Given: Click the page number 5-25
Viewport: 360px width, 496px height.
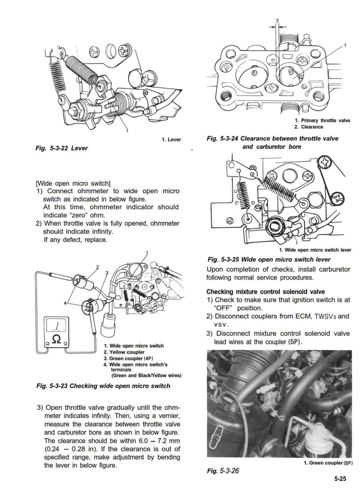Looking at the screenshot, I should pos(339,479).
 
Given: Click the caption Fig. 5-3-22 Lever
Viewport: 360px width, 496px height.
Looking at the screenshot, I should pos(61,148).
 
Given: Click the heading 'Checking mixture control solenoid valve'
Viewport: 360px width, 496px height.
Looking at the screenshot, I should pos(265,291).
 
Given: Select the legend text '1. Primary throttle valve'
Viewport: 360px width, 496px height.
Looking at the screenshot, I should pos(322,120).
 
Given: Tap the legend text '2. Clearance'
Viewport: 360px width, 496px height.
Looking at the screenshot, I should pos(309,127).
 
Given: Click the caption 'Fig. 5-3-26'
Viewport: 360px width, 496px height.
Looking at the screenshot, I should pos(223,471).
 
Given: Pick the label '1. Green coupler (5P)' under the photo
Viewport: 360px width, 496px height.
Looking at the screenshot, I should pos(327,463).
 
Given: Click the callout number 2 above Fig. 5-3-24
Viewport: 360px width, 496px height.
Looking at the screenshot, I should pos(277,21).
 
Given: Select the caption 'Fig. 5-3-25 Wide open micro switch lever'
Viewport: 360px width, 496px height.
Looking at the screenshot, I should pos(269,259).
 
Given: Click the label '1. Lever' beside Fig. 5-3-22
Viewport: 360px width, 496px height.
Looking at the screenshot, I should pos(171,139).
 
